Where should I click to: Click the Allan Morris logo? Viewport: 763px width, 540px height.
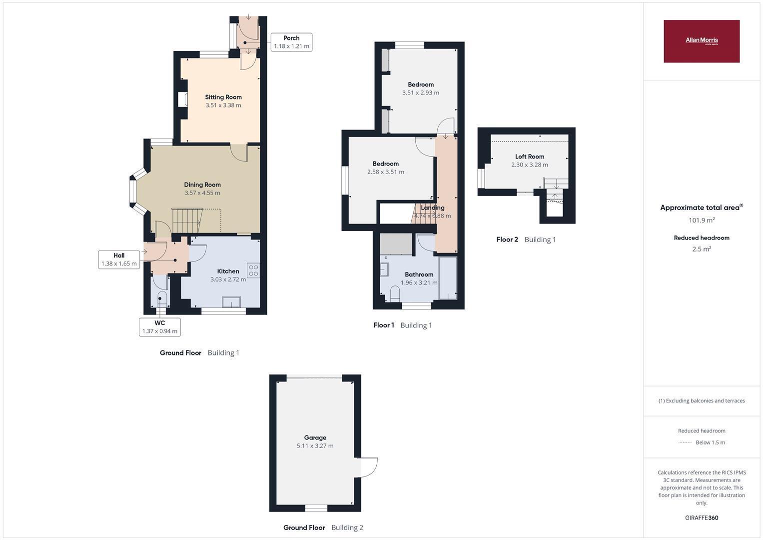tap(702, 41)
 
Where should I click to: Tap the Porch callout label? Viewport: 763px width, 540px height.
tap(291, 42)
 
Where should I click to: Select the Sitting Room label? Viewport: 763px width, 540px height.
tap(223, 97)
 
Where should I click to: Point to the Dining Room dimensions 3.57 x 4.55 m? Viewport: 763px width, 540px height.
tap(202, 193)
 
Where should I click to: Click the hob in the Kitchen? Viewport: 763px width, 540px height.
tap(253, 270)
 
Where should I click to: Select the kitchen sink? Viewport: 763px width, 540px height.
tap(231, 302)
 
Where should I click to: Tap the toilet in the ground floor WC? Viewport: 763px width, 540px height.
tap(162, 299)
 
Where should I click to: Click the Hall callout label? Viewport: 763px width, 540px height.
tap(119, 259)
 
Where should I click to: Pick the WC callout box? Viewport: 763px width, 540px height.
tap(160, 327)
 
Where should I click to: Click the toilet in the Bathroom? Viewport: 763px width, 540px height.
tap(395, 294)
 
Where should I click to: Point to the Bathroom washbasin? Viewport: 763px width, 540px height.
tap(384, 269)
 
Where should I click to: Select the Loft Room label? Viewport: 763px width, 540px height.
tap(529, 156)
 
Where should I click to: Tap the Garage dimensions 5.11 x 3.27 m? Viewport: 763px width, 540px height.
tap(315, 446)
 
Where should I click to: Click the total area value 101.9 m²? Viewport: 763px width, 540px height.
tap(702, 220)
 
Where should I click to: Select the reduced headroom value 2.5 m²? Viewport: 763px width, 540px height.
tap(702, 249)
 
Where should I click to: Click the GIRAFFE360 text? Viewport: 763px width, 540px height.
tap(702, 517)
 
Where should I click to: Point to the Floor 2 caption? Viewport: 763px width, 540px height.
tap(526, 239)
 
